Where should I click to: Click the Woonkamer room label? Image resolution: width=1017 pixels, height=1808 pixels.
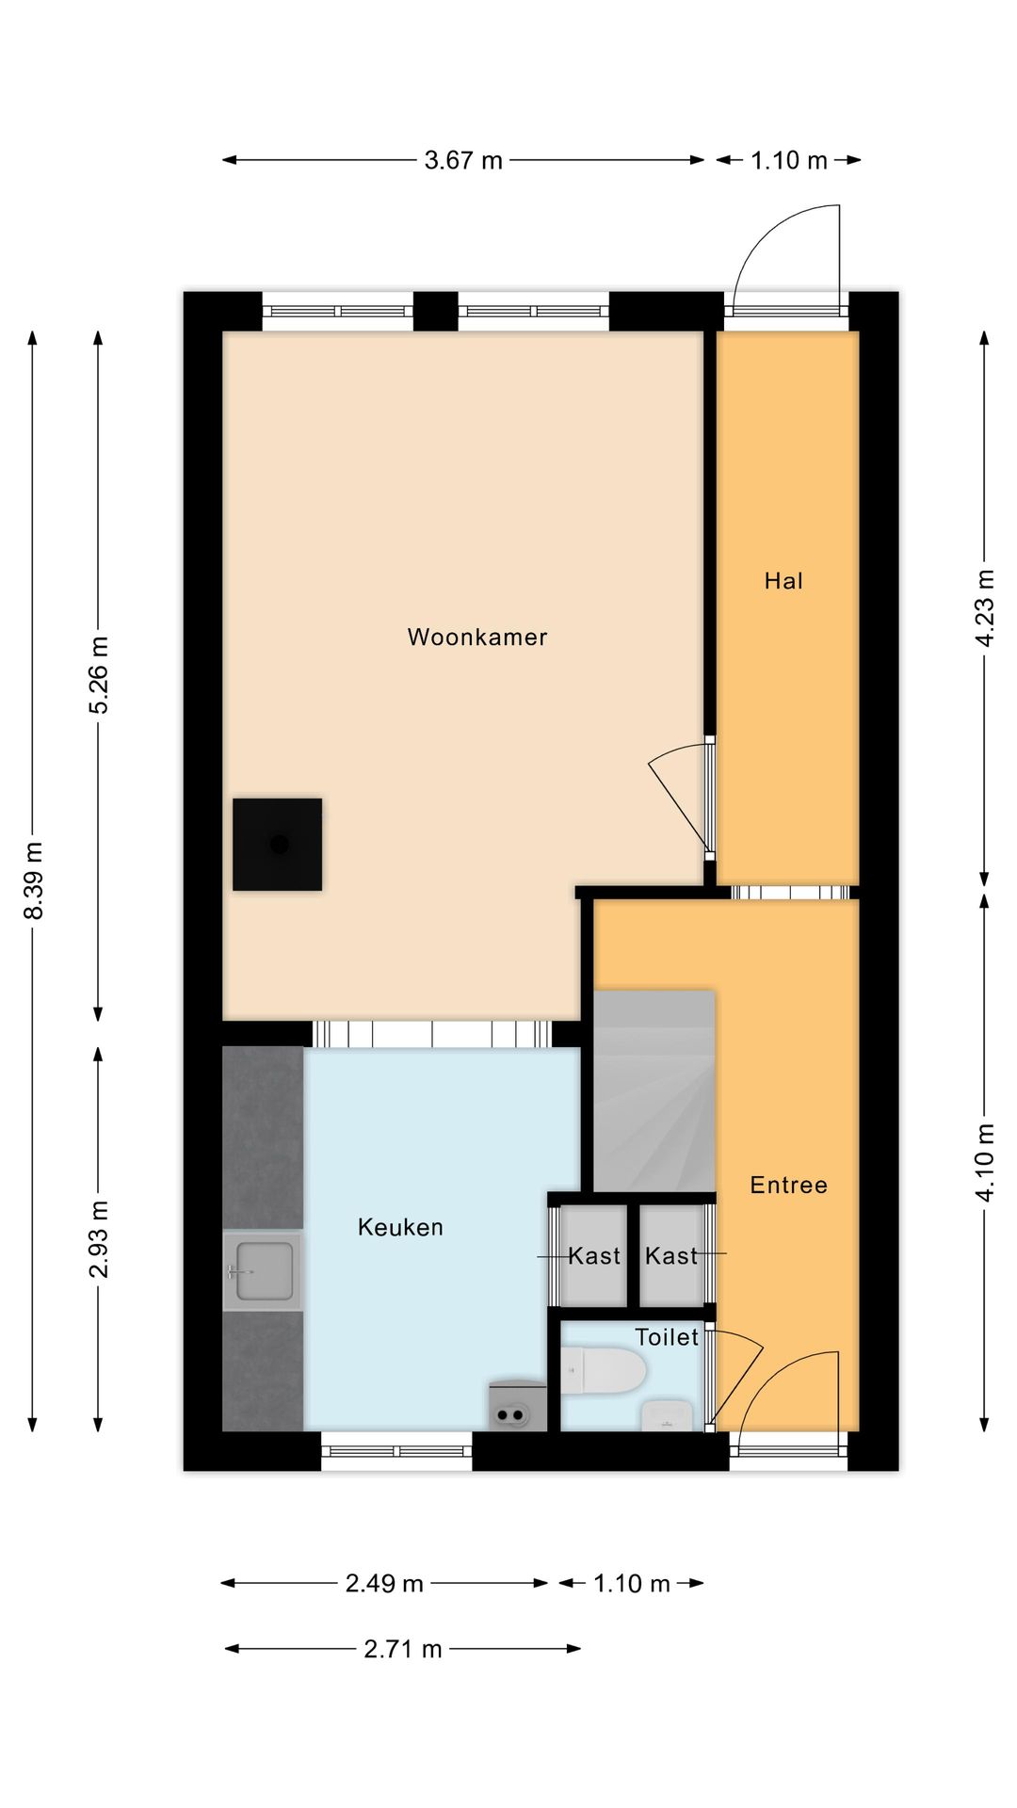477,638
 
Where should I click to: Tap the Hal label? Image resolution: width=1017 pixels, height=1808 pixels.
783,581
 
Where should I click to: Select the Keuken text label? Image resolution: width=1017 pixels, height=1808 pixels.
400,1227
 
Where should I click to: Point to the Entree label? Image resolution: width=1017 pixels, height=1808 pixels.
788,1185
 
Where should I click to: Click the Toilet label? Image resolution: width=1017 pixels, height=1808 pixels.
667,1337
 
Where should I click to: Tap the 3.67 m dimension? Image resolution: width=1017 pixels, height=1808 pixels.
463,160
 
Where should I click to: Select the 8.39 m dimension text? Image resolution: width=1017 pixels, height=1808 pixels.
33,880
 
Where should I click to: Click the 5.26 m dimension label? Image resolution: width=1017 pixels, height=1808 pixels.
99,675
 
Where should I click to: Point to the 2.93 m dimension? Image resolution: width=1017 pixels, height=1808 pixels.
99,1239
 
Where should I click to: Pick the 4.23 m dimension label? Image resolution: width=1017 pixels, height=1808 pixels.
984,608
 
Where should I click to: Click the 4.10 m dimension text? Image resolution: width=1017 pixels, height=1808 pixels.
984,1163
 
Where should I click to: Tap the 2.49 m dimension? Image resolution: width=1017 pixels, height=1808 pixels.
384,1583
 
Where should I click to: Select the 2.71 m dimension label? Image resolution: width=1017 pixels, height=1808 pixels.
403,1649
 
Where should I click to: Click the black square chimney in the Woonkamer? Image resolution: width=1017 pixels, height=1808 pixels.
278,845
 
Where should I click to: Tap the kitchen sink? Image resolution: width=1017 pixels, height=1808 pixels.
264,1270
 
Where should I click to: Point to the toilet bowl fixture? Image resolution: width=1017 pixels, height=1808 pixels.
603,1371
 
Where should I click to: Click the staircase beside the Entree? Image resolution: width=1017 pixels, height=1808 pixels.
654,1090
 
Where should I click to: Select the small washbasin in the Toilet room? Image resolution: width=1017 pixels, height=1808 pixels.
668,1415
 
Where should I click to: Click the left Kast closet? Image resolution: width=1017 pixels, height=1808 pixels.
593,1256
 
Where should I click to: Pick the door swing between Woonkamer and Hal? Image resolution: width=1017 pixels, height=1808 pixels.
680,797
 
